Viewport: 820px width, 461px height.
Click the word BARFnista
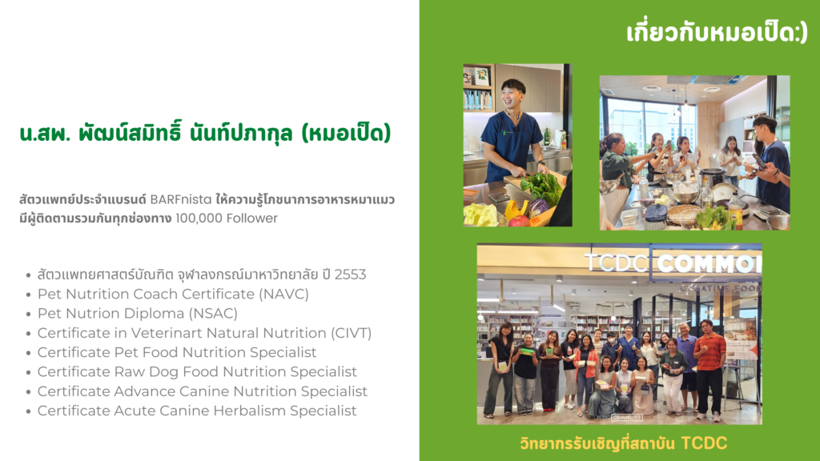pyautogui.click(x=181, y=199)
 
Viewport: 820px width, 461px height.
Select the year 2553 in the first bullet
pyautogui.click(x=350, y=275)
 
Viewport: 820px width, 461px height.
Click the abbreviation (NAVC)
pyautogui.click(x=284, y=294)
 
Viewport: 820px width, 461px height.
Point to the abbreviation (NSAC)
pyautogui.click(x=213, y=313)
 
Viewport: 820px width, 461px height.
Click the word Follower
pyautogui.click(x=252, y=218)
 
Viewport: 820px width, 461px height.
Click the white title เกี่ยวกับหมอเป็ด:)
pyautogui.click(x=717, y=32)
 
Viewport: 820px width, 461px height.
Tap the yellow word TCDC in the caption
pyautogui.click(x=704, y=443)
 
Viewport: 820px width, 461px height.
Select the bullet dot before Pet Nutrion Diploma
pyautogui.click(x=28, y=314)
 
